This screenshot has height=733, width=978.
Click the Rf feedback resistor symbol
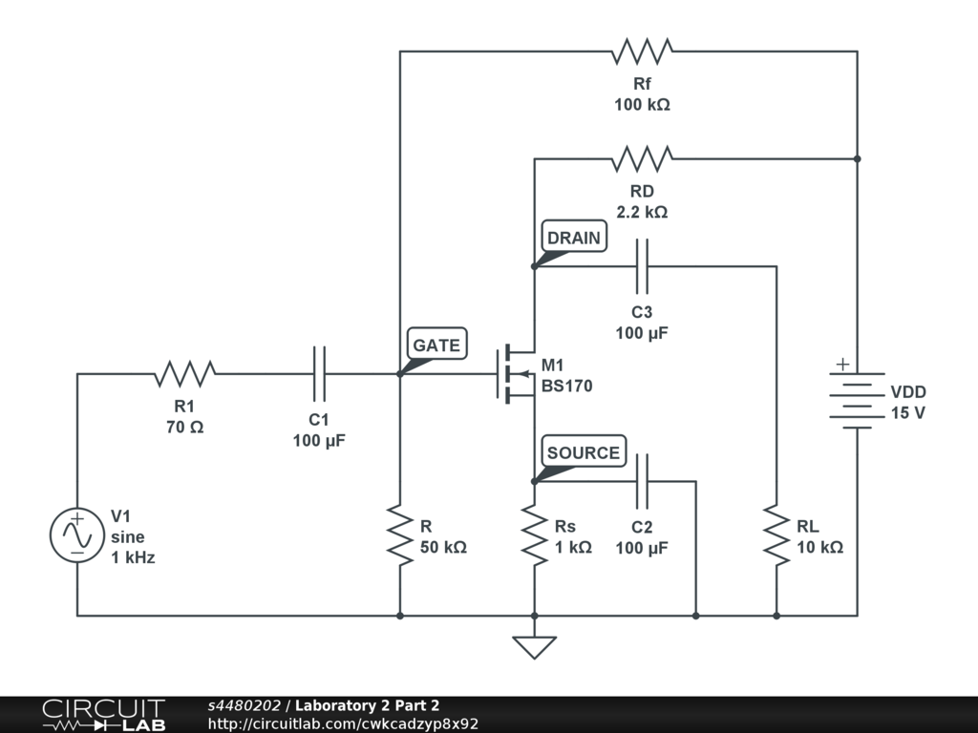click(642, 52)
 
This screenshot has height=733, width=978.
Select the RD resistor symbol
click(642, 158)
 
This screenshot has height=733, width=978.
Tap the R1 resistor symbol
click(184, 373)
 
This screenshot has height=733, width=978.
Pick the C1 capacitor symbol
click(319, 373)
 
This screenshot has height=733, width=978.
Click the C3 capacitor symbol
click(642, 266)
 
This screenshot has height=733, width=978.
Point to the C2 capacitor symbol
click(642, 481)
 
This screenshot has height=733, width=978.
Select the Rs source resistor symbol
click(534, 535)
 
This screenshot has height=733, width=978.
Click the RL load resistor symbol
click(776, 535)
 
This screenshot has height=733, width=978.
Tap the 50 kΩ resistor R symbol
click(400, 535)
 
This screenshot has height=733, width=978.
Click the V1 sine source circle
click(76, 534)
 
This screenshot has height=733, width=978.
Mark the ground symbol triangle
click(534, 647)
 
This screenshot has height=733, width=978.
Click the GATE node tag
click(436, 345)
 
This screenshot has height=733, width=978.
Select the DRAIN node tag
click(574, 238)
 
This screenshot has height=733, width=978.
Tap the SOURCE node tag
click(583, 452)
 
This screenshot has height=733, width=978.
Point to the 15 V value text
click(907, 413)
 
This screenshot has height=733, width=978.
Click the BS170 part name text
click(567, 387)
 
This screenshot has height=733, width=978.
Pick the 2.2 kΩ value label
click(642, 212)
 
